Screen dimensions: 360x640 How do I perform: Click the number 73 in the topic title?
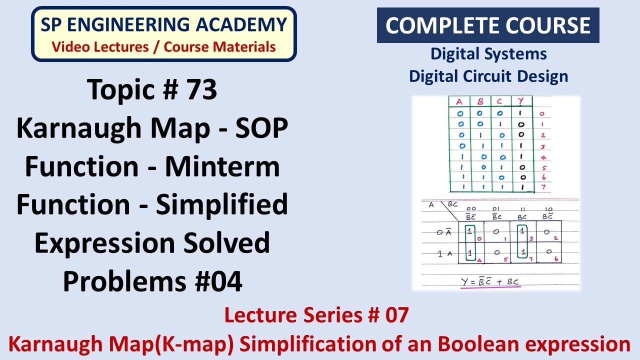202,90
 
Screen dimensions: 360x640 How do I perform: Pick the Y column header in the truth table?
520,102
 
